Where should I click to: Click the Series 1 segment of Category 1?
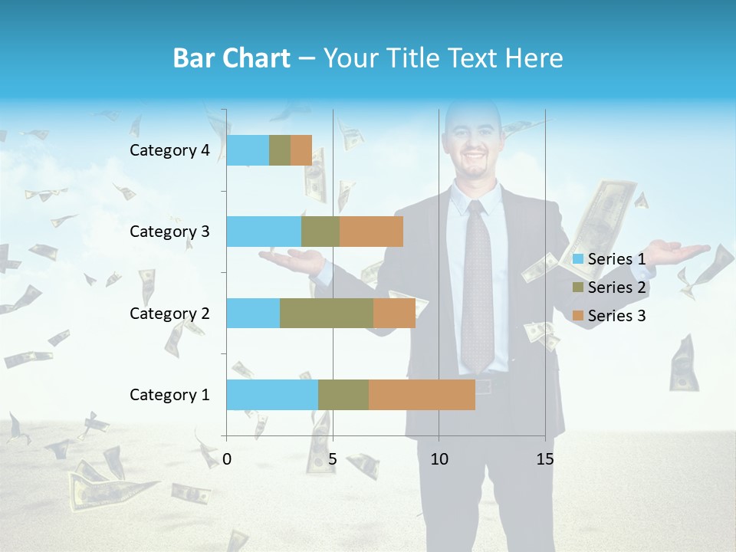click(272, 395)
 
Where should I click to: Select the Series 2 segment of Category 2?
click(327, 314)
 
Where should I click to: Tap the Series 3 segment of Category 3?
click(371, 232)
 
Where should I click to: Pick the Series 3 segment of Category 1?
click(422, 395)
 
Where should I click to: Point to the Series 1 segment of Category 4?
click(248, 150)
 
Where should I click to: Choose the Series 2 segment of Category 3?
click(320, 232)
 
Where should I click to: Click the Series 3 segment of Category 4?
click(301, 150)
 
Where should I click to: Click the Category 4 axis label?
click(169, 150)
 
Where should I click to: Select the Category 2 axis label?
click(169, 314)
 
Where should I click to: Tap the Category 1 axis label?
click(169, 395)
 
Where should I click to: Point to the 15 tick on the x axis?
click(545, 459)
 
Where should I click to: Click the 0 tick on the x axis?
click(227, 459)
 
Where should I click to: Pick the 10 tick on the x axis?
click(439, 459)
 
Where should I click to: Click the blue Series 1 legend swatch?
click(578, 259)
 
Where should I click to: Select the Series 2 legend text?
click(616, 287)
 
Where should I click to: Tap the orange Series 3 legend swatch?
click(578, 316)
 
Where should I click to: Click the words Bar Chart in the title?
click(232, 58)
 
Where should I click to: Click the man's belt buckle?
click(483, 386)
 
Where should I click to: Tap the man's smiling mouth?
click(475, 163)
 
